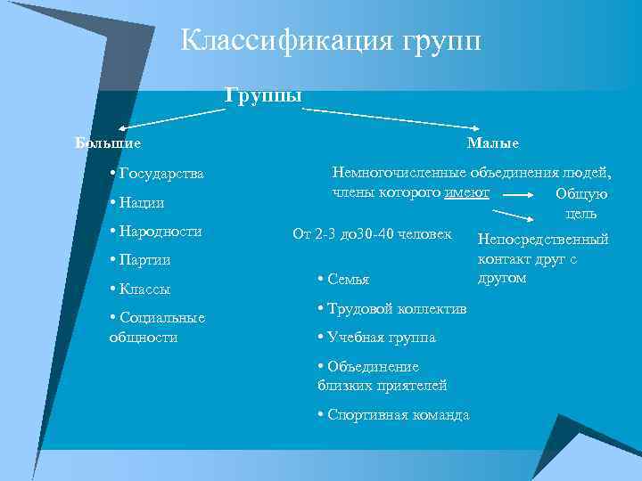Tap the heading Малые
[492, 143]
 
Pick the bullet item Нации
[139, 202]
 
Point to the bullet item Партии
[143, 260]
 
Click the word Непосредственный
[543, 239]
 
